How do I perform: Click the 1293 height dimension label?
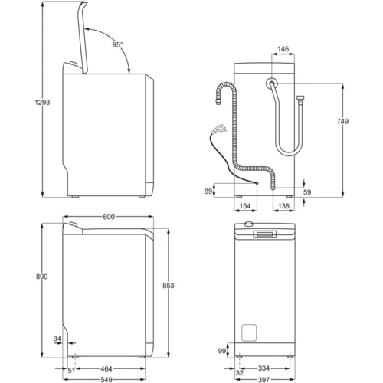(x=42, y=103)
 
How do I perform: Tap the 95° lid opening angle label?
(x=117, y=44)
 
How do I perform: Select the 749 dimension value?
(x=342, y=121)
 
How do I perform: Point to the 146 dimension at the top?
(x=283, y=49)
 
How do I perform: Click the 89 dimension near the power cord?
(x=208, y=191)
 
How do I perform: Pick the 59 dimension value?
(x=307, y=192)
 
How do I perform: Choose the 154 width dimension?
(x=245, y=206)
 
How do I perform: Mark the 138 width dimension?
(x=283, y=206)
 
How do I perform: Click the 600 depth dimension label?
(x=109, y=217)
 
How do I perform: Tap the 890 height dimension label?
(x=41, y=277)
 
